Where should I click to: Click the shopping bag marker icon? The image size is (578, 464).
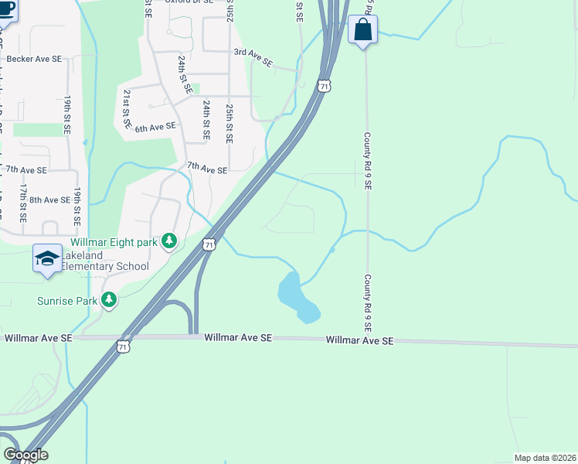362,31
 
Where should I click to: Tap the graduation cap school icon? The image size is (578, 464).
46,258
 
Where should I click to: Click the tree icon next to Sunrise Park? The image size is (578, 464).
109,299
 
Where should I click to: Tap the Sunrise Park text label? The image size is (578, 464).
68,299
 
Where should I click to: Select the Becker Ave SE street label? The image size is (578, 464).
33,59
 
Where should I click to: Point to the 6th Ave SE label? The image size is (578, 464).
155,126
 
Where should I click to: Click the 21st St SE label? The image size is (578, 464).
126,107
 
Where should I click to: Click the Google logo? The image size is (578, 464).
25,455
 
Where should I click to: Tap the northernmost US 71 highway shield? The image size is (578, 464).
325,86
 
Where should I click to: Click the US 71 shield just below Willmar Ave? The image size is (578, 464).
124,347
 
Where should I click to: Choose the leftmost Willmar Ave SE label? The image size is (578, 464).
38,338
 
